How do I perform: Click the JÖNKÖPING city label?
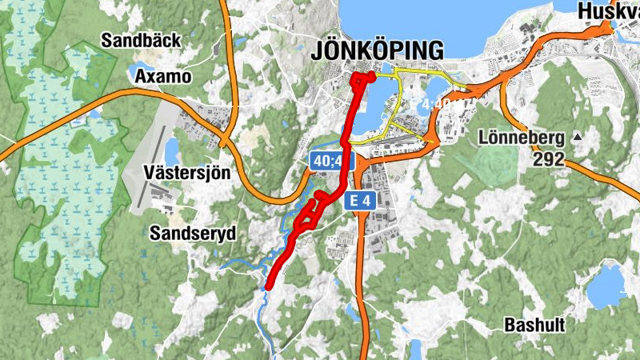[x=375, y=50]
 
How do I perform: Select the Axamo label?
[x=164, y=77]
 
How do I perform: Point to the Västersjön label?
[x=186, y=172]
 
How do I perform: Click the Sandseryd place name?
[x=193, y=233]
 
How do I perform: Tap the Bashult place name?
[x=534, y=325]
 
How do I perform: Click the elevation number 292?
[x=550, y=158]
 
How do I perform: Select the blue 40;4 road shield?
[x=331, y=162]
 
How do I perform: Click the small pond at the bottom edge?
[x=416, y=350]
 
